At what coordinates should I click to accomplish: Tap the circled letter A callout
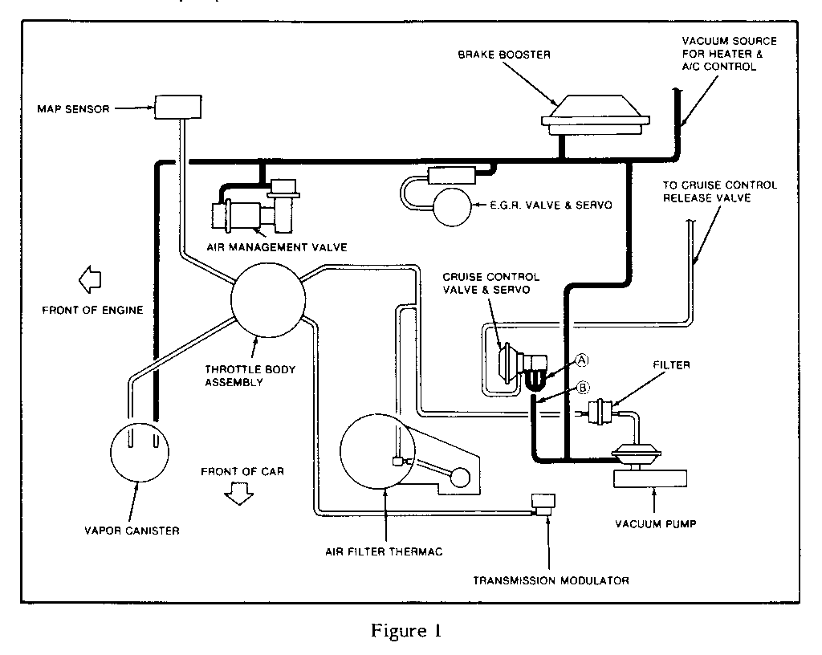[x=580, y=360]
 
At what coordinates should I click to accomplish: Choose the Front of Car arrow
[x=239, y=496]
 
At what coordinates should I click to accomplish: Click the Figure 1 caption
[x=405, y=630]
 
